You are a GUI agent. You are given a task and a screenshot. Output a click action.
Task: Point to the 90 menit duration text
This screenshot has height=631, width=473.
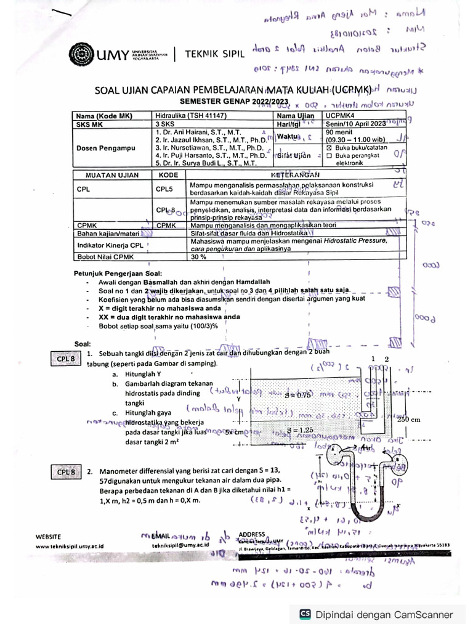pos(339,132)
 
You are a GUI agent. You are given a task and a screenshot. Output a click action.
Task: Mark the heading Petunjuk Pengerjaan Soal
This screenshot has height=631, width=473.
pos(118,273)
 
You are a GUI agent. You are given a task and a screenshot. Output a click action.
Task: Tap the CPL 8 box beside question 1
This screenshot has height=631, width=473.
pos(65,357)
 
